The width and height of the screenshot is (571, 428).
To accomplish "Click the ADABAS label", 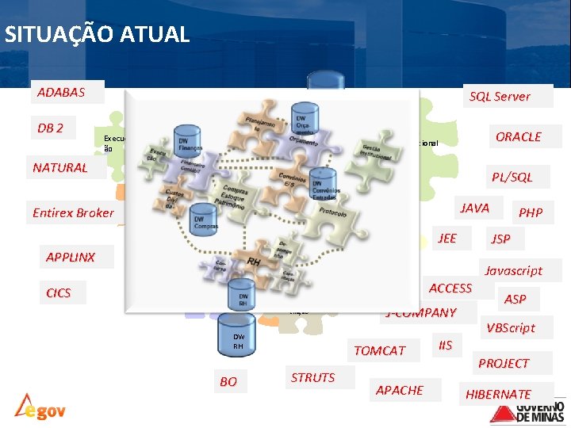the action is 60,92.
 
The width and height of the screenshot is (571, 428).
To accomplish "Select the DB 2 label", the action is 50,128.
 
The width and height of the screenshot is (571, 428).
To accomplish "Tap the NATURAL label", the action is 60,167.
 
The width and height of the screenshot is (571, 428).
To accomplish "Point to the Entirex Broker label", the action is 73,212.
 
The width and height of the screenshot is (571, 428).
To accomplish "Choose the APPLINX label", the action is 70,257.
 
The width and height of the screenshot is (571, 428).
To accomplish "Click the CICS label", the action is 58,292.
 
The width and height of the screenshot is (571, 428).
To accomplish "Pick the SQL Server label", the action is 500,97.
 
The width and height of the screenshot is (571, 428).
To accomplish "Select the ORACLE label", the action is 518,136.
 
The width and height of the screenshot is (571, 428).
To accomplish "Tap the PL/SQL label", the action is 512,177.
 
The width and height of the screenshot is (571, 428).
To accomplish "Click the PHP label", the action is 531,212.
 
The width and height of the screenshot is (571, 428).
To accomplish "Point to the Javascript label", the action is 514,270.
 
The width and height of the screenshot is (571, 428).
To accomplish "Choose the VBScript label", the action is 511,327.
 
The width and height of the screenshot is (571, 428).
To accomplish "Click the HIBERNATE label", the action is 498,394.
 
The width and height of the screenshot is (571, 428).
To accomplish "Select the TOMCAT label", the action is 379,350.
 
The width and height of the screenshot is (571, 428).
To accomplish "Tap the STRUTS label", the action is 312,377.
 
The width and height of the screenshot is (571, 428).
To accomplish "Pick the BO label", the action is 228,382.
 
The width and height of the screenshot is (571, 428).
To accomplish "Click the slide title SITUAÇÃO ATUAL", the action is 97,35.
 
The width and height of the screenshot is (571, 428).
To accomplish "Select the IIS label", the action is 445,345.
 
